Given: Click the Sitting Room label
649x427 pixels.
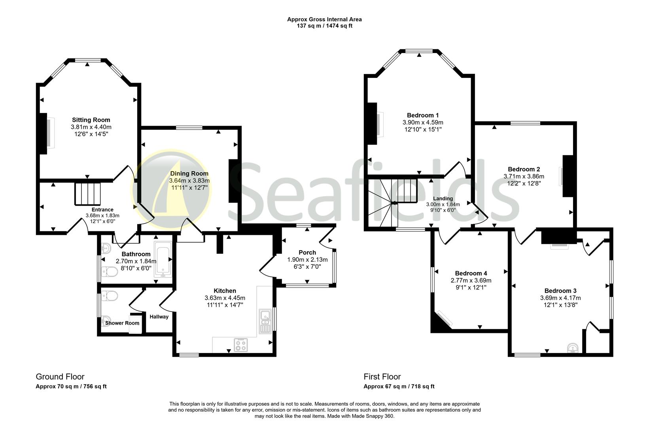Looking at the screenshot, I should (91, 120).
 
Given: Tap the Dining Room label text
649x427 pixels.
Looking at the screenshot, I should (189, 174).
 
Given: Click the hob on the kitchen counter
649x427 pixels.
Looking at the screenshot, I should (241, 345).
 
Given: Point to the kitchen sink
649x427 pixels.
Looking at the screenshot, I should (265, 321).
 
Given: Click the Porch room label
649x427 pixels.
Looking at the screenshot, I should (307, 253).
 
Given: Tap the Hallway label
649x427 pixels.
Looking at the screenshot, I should (159, 317).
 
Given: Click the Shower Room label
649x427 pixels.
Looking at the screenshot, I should (122, 323).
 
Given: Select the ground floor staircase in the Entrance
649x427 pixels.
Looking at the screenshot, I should (88, 193).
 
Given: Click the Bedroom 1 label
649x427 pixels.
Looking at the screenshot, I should (423, 115).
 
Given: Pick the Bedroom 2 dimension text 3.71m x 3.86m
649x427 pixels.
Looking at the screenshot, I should (524, 176).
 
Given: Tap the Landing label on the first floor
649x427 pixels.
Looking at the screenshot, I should (443, 198).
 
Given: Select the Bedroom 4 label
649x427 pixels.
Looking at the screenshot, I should (471, 273).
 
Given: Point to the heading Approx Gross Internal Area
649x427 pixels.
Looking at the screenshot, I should (324, 19).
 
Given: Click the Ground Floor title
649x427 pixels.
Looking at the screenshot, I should (60, 376).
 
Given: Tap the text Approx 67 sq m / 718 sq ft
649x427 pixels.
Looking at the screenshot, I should (399, 386).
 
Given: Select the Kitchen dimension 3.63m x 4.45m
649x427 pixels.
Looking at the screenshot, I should (225, 298).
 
